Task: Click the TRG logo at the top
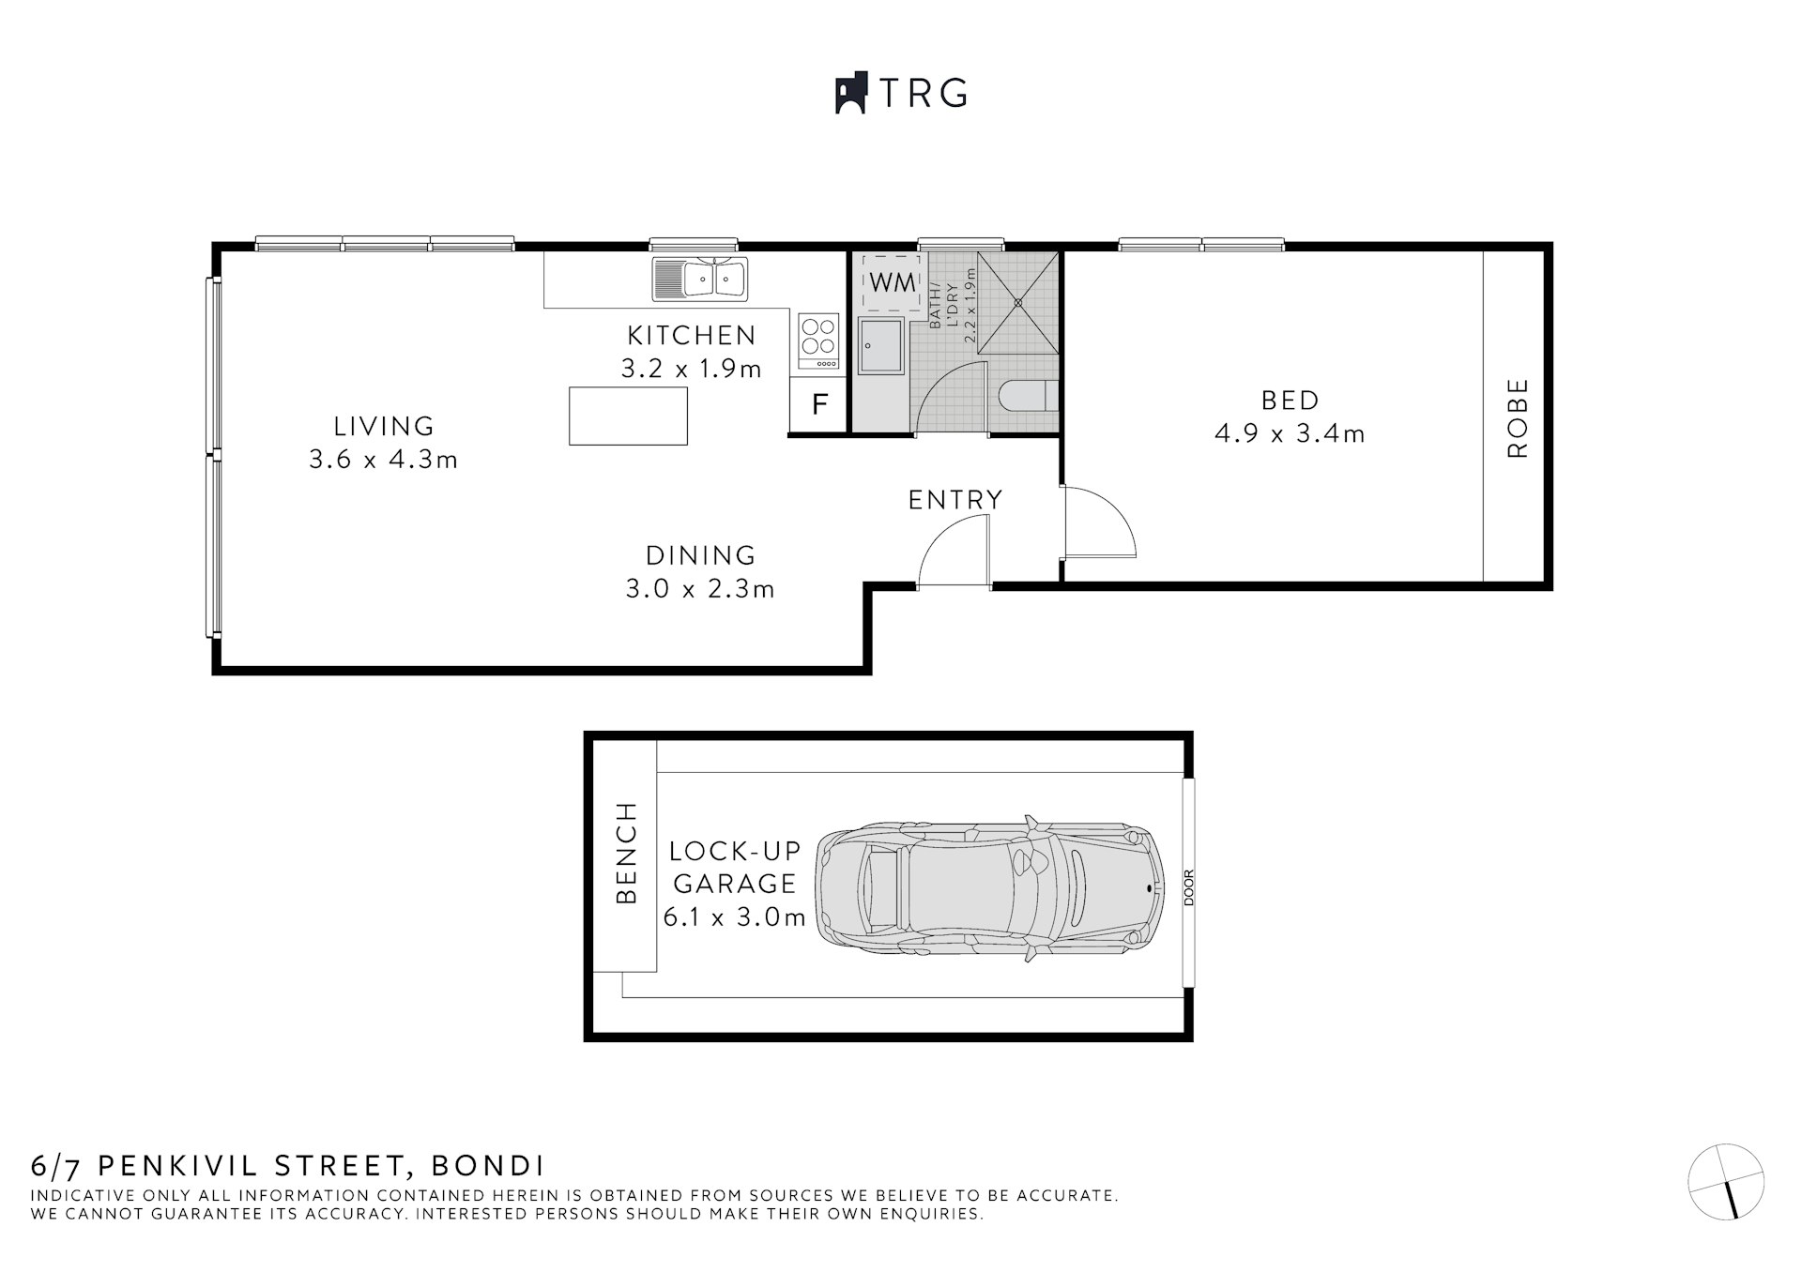pyautogui.click(x=901, y=93)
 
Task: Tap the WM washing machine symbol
pyautogui.click(x=892, y=281)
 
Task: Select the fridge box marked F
pyautogui.click(x=819, y=405)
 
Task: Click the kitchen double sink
pyautogui.click(x=701, y=279)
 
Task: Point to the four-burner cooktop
pyautogui.click(x=818, y=340)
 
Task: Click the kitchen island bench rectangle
pyautogui.click(x=628, y=416)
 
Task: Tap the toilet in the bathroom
pyautogui.click(x=1027, y=397)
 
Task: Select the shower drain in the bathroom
pyautogui.click(x=1018, y=302)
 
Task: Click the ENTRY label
pyautogui.click(x=955, y=500)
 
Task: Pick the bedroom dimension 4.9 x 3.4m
pyautogui.click(x=1290, y=434)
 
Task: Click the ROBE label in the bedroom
pyautogui.click(x=1517, y=417)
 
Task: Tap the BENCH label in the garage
pyautogui.click(x=626, y=853)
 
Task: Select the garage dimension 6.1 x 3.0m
pyautogui.click(x=734, y=917)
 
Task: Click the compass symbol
pyautogui.click(x=1726, y=1181)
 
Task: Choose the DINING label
pyautogui.click(x=700, y=555)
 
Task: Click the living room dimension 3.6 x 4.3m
pyautogui.click(x=383, y=460)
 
